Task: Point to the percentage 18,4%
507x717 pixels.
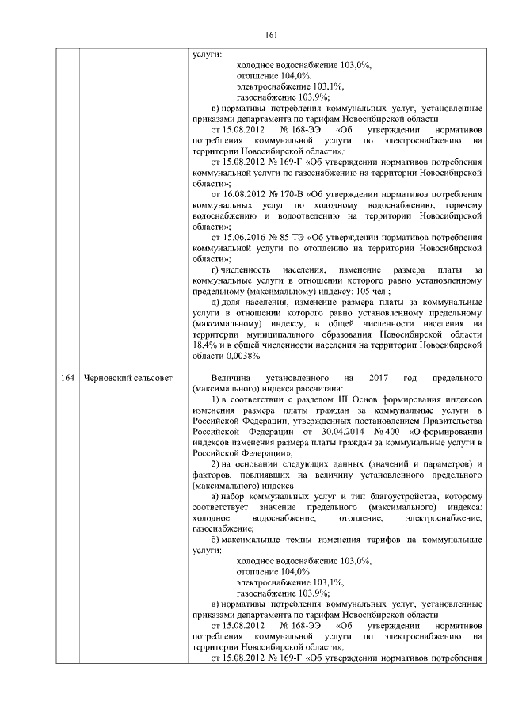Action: coord(206,345)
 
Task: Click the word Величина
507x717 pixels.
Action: coord(219,377)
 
